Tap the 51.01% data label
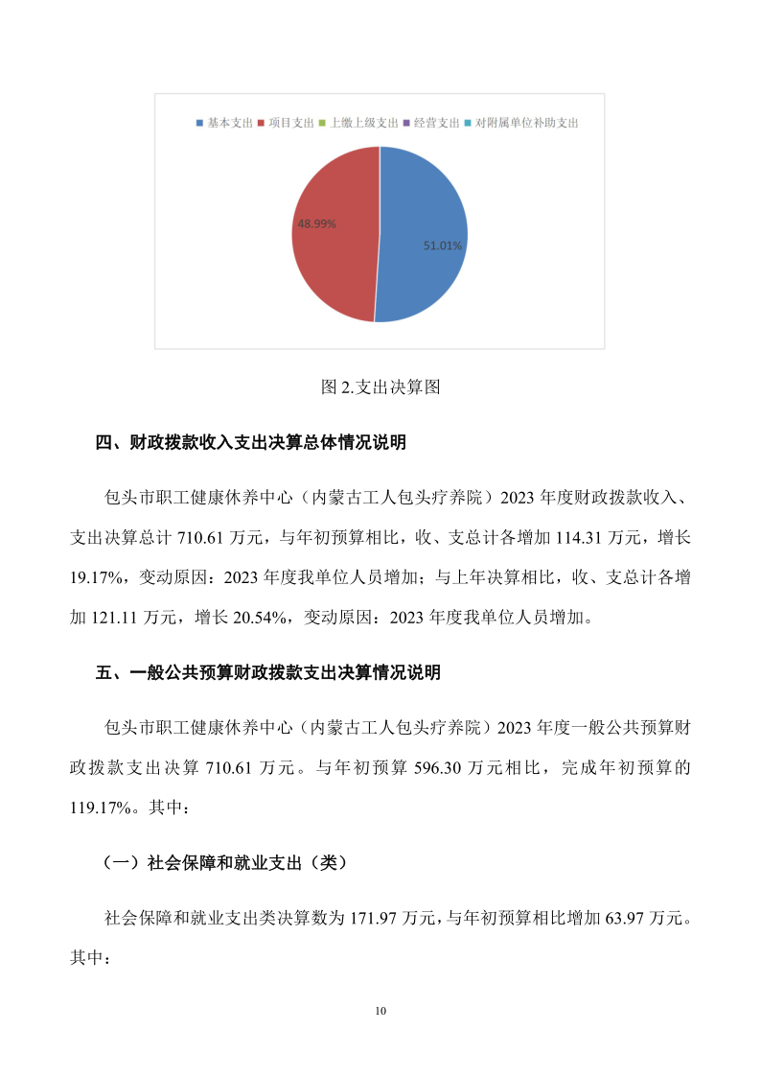[443, 246]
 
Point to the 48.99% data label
[316, 222]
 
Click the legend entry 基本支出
[225, 124]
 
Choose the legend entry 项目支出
[287, 124]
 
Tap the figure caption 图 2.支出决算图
[380, 387]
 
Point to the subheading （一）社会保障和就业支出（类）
[224, 863]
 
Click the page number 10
[380, 1011]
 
